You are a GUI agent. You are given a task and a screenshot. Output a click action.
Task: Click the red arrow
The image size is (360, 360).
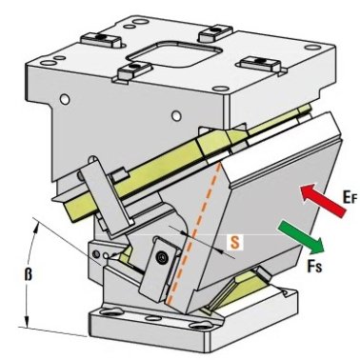point(323,201)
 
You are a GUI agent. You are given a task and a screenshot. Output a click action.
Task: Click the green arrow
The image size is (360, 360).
point(301,238)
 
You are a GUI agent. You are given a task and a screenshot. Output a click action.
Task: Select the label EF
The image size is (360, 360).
point(350,197)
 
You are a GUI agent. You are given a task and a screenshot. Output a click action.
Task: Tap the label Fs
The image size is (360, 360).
point(314,266)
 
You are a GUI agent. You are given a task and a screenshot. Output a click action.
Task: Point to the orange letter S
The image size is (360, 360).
point(234,243)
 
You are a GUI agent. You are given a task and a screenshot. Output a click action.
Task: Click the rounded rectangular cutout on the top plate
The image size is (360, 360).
point(175,54)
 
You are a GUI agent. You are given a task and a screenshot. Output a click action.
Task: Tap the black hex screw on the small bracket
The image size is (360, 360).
point(163,257)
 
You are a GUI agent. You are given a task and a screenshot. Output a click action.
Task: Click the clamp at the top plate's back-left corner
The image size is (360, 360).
point(101,39)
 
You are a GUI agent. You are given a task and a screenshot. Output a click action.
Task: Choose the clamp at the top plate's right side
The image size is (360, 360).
point(260,64)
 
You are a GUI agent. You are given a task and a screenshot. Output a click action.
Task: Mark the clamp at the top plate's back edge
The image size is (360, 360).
point(216,33)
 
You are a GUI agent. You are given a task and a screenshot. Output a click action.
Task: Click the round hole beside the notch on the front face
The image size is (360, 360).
point(65,100)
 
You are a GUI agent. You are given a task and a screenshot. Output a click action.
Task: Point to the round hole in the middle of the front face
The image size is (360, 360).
point(176,115)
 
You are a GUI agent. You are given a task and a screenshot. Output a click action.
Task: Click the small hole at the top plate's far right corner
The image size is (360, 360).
point(312,48)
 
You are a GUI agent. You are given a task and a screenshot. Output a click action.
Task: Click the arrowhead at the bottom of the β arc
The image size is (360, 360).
point(28,321)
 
